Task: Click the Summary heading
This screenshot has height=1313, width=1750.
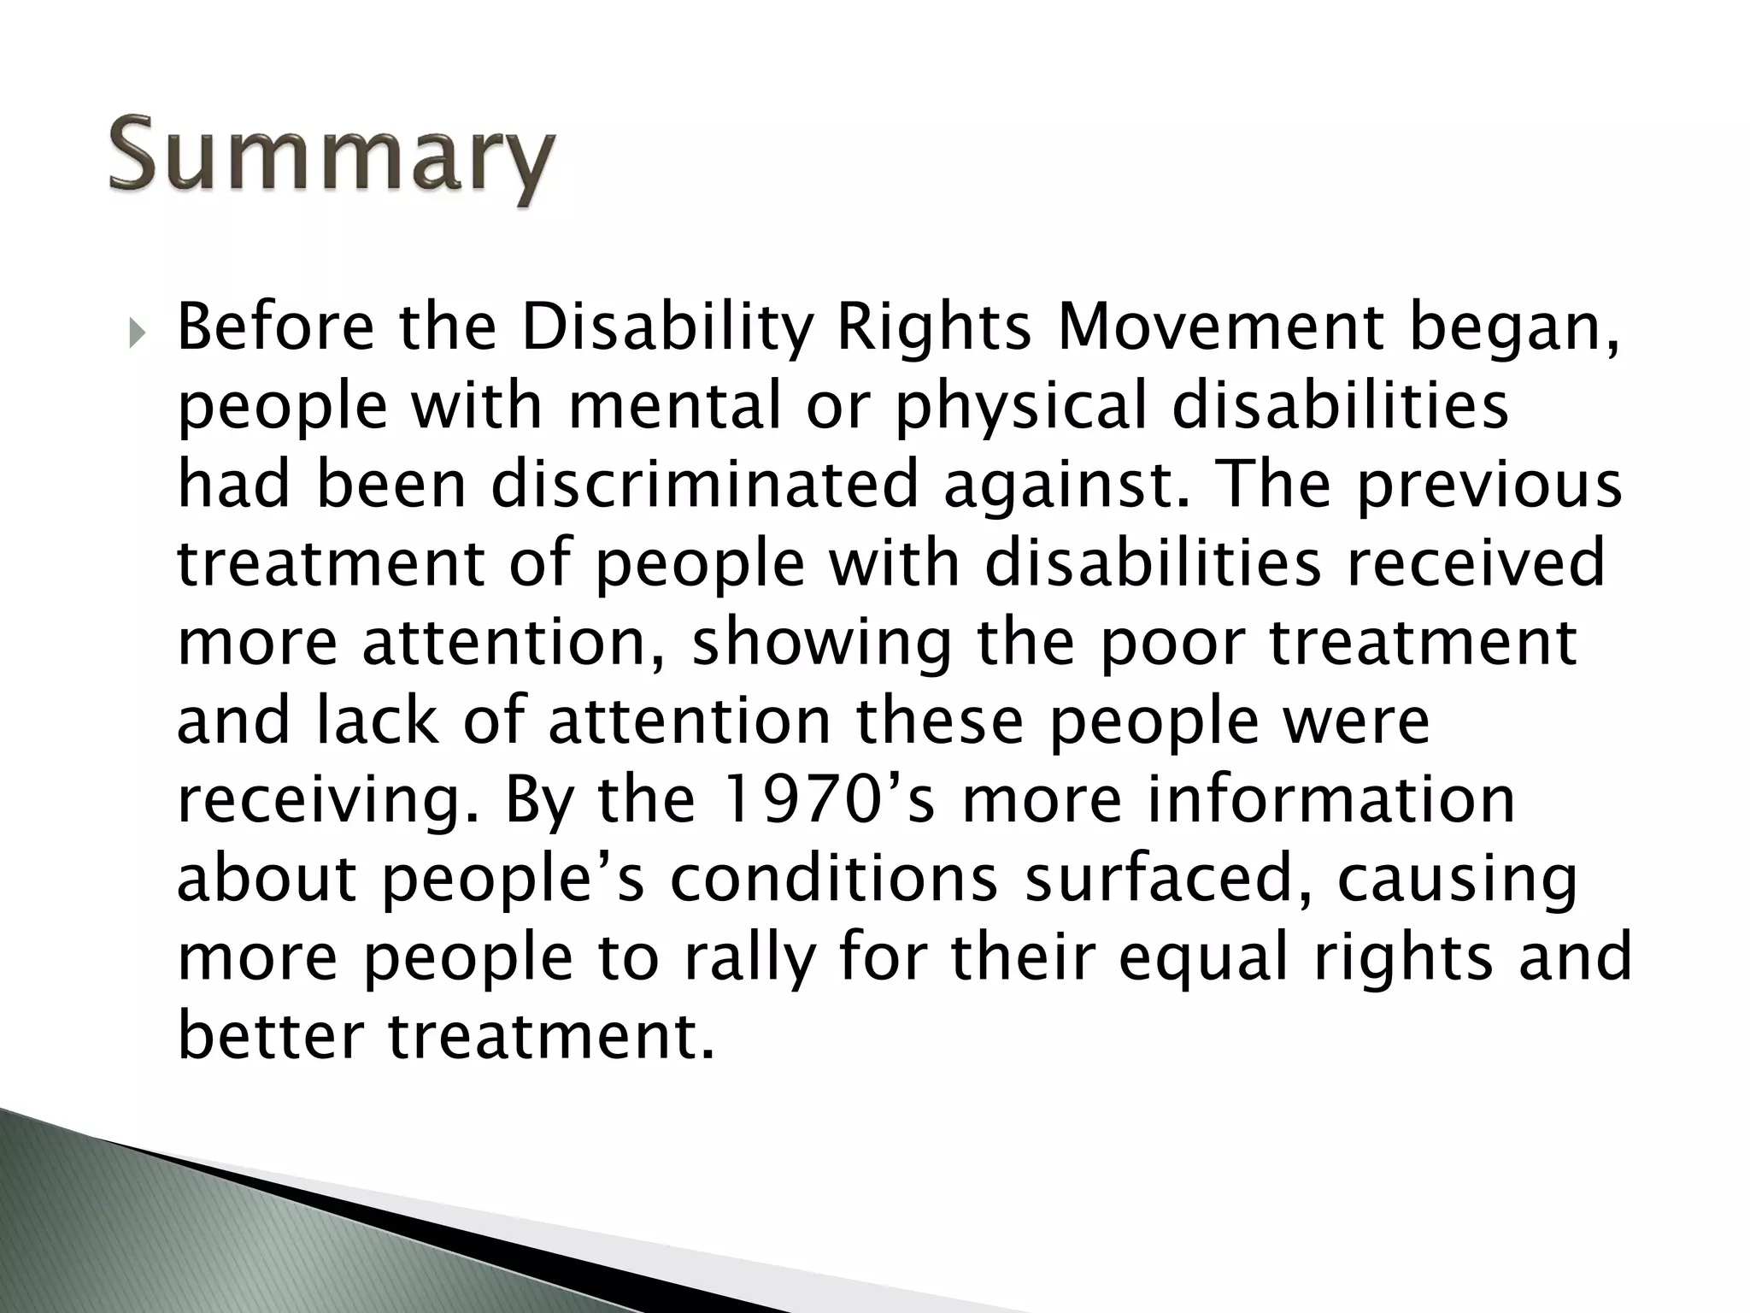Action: tap(332, 158)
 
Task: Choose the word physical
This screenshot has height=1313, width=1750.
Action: tap(1021, 408)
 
